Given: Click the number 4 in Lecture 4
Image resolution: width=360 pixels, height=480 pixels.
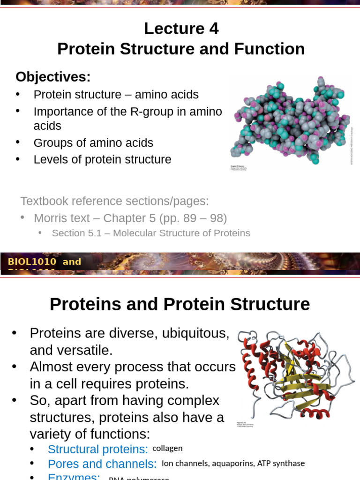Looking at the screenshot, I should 213,29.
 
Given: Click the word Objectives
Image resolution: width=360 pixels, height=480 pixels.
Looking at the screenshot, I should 52,76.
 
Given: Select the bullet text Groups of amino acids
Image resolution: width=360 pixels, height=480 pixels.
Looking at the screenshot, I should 93,142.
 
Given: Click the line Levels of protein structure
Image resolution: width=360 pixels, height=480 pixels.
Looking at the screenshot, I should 102,159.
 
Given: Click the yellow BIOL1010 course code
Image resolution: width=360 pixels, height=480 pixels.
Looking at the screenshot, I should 32,262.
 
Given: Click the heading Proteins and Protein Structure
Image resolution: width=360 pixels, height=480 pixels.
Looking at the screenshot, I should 180,304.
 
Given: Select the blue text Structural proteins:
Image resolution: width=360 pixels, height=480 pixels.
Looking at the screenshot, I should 98,449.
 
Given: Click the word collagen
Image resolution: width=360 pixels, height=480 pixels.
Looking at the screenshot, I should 167,448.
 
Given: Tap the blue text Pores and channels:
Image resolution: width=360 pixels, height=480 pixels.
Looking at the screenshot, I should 102,464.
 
